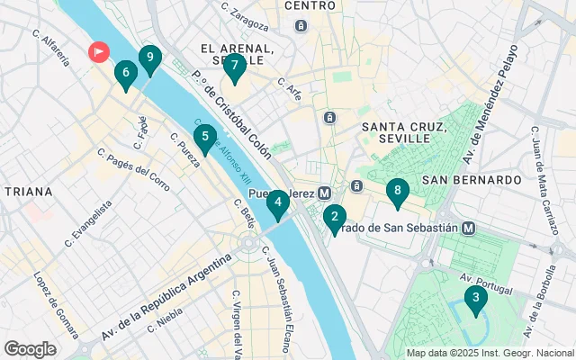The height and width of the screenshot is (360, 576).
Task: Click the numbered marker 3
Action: (475, 299)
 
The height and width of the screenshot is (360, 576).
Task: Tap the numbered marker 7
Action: (234, 66)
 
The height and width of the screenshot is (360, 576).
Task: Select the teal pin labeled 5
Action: (205, 139)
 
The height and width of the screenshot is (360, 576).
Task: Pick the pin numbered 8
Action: (396, 191)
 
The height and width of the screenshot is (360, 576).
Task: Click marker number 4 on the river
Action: (279, 202)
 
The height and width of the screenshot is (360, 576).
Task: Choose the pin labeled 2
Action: (335, 216)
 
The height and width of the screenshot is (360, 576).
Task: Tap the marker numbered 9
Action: (149, 58)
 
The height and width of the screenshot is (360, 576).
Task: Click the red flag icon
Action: (97, 52)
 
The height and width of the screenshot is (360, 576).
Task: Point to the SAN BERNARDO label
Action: (472, 180)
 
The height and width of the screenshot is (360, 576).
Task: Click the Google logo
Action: (30, 348)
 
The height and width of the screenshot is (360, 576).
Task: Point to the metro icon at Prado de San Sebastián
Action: (469, 229)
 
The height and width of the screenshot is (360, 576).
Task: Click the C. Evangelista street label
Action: (88, 223)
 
